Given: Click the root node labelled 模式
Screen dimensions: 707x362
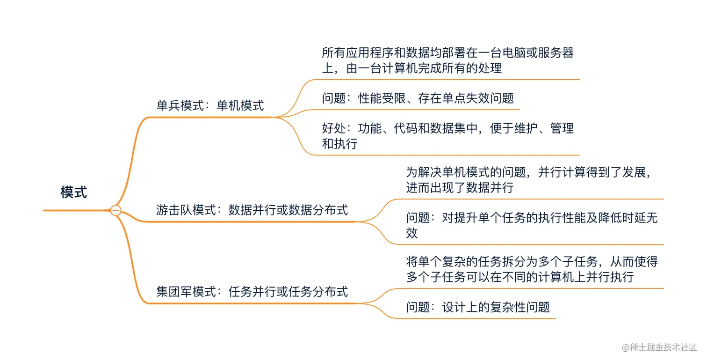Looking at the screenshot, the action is pos(73,192).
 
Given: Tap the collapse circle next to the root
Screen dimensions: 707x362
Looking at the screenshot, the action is pos(116,211).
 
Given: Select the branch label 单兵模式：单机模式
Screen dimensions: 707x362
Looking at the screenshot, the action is pos(210,105).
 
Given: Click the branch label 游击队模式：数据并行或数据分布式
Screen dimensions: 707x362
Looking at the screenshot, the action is pos(252,210).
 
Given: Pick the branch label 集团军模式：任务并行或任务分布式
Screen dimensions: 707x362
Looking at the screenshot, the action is pos(252,292).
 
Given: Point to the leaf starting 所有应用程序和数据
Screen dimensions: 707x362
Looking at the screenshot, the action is pos(447,60).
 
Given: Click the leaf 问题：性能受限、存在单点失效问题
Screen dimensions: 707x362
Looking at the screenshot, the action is pos(418,98).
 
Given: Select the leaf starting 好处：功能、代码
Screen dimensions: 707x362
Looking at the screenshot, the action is pos(447,135).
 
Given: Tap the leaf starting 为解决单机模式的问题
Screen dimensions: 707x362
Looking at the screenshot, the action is pos(529,180).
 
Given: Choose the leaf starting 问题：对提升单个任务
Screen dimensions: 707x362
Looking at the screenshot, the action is pos(532,225).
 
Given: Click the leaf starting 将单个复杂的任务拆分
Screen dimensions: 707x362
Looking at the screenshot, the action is pos(532,269).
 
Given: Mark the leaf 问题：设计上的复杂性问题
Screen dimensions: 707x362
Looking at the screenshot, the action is pos(478,307).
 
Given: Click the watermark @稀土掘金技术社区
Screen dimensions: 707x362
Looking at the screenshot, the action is pos(659,347).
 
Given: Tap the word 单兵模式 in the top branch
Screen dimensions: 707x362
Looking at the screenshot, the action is pos(180,105).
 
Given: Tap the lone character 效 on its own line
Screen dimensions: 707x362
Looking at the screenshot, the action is pos(411,233).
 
